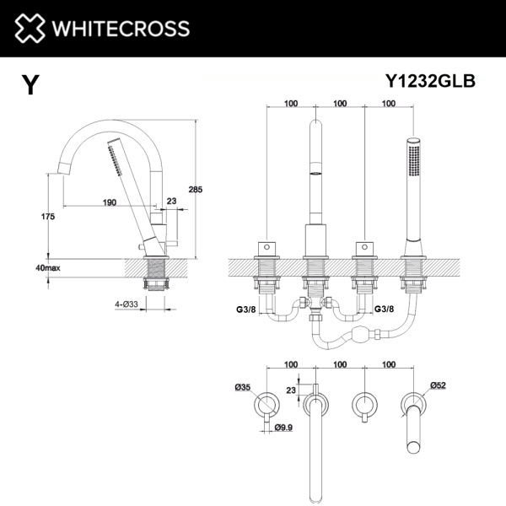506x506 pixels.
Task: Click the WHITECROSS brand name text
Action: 118,29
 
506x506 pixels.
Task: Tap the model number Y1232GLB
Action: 430,81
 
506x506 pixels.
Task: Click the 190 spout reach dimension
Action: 110,202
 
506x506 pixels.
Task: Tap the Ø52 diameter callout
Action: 438,385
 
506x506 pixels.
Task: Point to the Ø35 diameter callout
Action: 244,388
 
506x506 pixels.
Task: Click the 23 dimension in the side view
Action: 172,202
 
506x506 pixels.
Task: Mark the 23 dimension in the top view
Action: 291,390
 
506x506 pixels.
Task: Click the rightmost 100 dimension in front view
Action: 389,104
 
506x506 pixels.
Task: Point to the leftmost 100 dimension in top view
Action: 291,364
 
